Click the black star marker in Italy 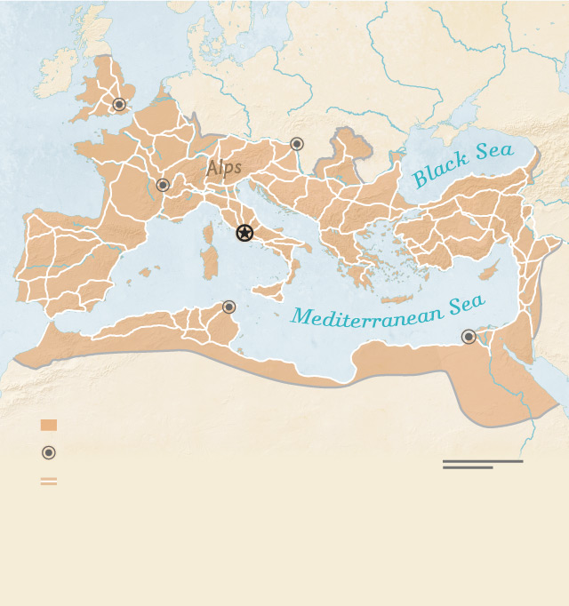coord(244,233)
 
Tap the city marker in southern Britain coord(119,105)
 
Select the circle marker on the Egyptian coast coord(469,336)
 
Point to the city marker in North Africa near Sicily coord(228,307)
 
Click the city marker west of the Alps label coord(163,185)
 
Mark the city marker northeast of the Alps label coord(297,143)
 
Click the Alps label coord(224,168)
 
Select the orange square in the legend coord(49,425)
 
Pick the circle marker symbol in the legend coord(49,452)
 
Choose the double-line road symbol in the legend coord(49,481)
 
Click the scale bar coord(482,464)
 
